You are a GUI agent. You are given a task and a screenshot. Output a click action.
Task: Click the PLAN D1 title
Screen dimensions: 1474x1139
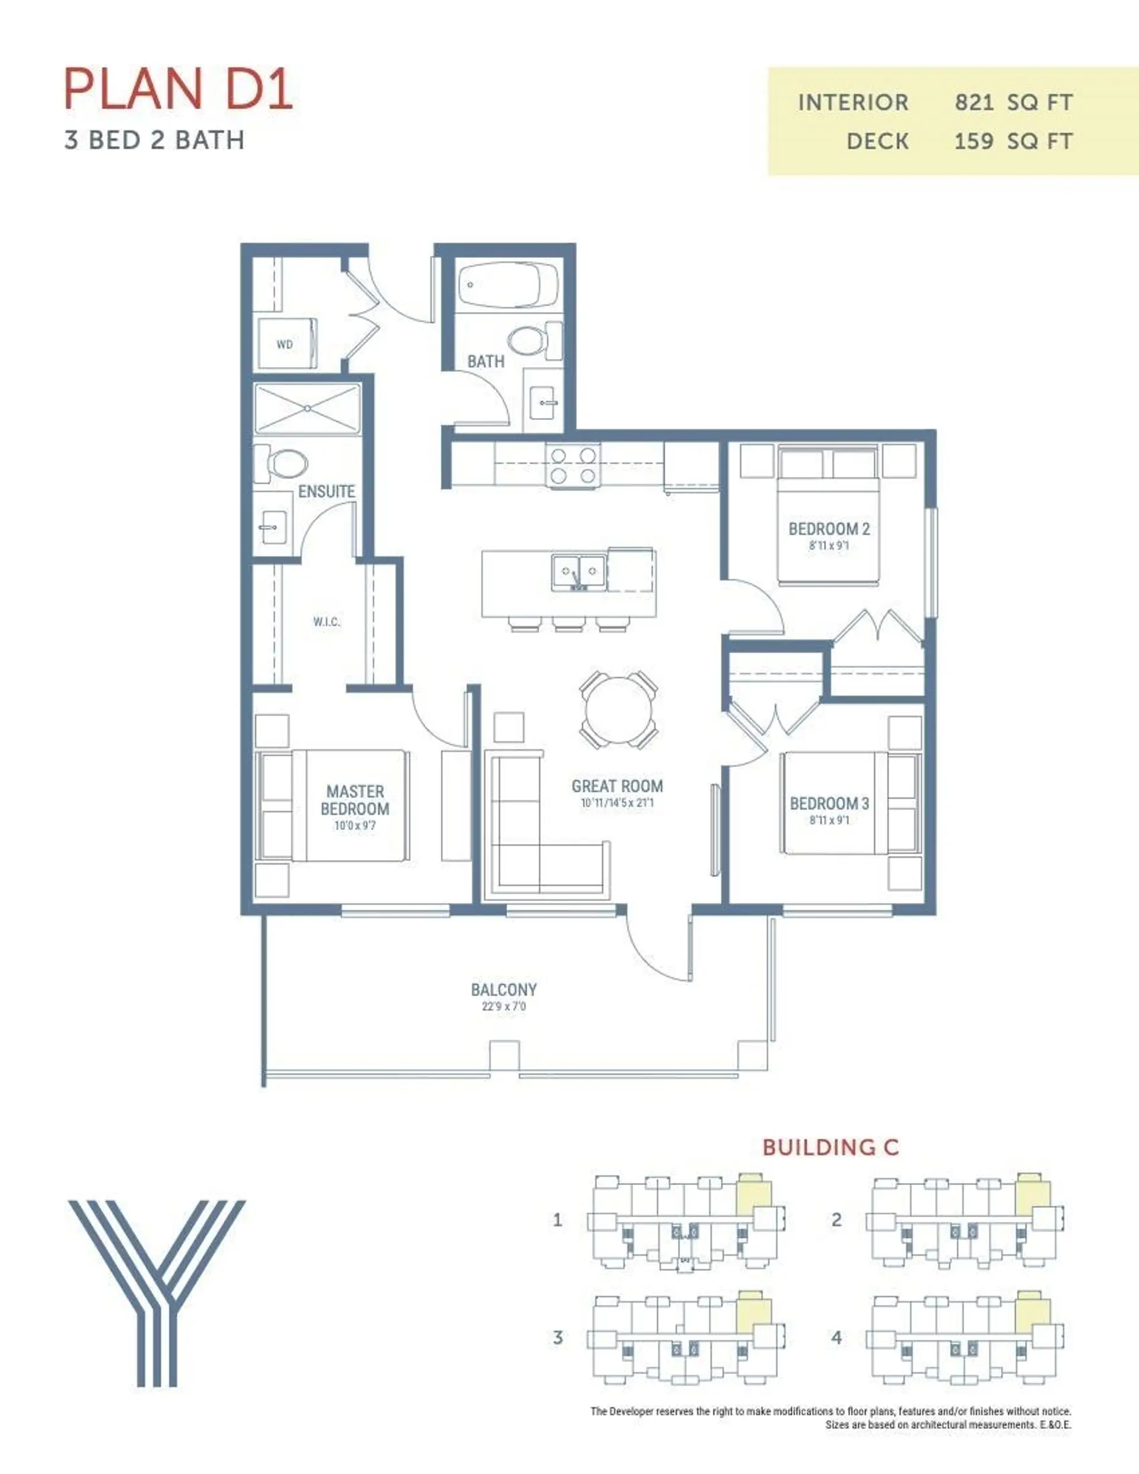[x=178, y=88]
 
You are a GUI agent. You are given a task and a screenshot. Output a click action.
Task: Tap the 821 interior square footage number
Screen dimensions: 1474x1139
[x=973, y=103]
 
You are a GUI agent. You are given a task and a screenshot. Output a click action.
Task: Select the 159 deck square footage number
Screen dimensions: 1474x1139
[x=973, y=141]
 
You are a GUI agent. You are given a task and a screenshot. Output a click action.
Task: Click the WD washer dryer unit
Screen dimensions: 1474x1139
[x=287, y=344]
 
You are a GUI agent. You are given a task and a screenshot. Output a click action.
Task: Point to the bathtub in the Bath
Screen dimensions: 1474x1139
[x=508, y=285]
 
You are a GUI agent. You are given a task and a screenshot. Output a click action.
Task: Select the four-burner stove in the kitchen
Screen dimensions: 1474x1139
[x=573, y=465]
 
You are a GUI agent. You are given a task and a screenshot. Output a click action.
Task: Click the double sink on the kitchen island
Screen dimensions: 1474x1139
[x=578, y=572]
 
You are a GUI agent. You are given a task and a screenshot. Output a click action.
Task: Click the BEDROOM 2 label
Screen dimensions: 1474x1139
[x=829, y=529]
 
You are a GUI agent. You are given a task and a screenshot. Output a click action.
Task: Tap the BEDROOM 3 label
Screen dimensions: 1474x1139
[x=829, y=803]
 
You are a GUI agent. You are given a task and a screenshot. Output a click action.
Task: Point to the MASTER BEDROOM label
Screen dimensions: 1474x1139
[x=355, y=800]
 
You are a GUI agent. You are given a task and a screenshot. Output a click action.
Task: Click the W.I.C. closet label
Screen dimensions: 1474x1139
[x=327, y=622]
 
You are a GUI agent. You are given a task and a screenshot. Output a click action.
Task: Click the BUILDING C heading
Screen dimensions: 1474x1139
[x=831, y=1147]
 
